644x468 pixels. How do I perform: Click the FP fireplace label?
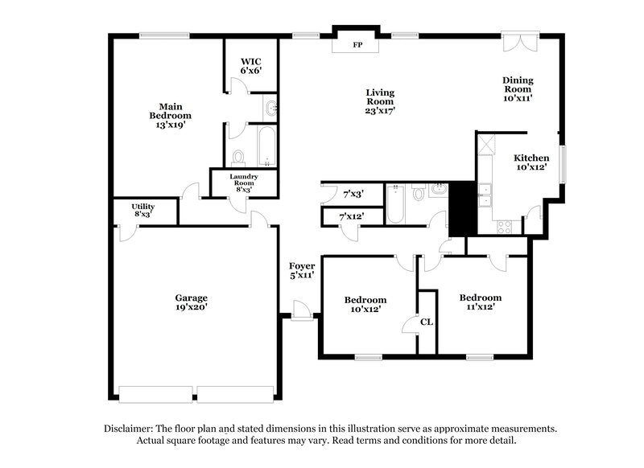[x=357, y=45]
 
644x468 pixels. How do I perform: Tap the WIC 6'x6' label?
[x=251, y=66]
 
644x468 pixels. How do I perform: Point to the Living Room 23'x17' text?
[x=379, y=102]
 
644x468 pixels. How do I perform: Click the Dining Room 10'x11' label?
[x=518, y=88]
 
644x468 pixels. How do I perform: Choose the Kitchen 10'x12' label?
[x=531, y=163]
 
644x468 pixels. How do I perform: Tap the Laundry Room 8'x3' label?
[x=243, y=183]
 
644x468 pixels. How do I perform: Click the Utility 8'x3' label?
[x=143, y=211]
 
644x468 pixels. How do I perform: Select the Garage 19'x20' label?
[x=192, y=302]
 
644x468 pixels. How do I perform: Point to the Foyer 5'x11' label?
[x=301, y=270]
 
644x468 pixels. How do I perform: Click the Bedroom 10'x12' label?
[x=365, y=304]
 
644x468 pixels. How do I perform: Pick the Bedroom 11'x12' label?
[x=480, y=302]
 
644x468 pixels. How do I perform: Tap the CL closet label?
[x=427, y=322]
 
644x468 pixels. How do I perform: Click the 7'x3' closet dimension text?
[x=353, y=194]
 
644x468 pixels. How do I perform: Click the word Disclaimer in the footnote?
[x=133, y=429]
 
